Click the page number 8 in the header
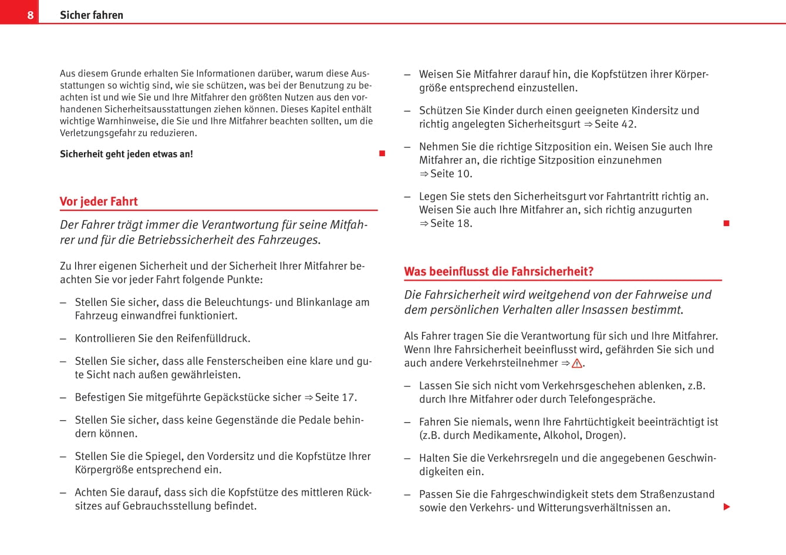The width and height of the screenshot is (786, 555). tap(31, 15)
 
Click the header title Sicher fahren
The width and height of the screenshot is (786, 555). tap(92, 15)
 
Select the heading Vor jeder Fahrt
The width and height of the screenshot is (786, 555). tap(99, 201)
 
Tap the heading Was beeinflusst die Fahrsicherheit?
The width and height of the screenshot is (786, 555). tap(498, 271)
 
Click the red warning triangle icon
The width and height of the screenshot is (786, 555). tap(576, 363)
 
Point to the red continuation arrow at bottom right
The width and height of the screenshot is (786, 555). tap(727, 507)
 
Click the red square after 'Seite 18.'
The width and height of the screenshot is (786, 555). tap(726, 223)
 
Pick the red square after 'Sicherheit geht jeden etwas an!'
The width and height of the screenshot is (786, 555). tap(382, 154)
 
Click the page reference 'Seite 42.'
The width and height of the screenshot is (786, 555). tap(615, 124)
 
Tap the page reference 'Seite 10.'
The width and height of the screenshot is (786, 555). tap(451, 174)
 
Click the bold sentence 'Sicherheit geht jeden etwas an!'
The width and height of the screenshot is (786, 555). tap(126, 154)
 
